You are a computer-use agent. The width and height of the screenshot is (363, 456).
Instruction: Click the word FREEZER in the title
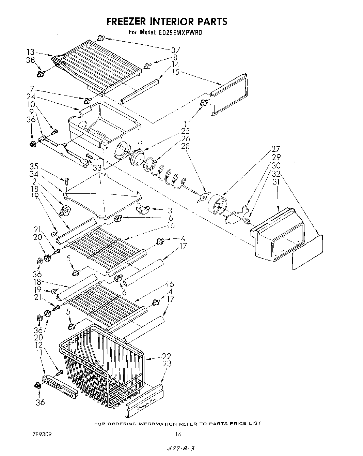pyautogui.click(x=126, y=21)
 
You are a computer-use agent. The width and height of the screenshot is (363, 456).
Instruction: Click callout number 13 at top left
pyautogui.click(x=31, y=52)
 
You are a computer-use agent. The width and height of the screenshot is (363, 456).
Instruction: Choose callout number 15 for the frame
pyautogui.click(x=175, y=72)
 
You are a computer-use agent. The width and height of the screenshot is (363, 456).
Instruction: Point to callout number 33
pyautogui.click(x=97, y=168)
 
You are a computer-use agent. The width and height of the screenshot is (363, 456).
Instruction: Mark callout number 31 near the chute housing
pyautogui.click(x=276, y=182)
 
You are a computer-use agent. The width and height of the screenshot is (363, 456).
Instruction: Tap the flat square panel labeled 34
pyautogui.click(x=102, y=194)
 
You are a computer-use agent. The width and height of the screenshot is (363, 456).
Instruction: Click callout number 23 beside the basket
pyautogui.click(x=167, y=364)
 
